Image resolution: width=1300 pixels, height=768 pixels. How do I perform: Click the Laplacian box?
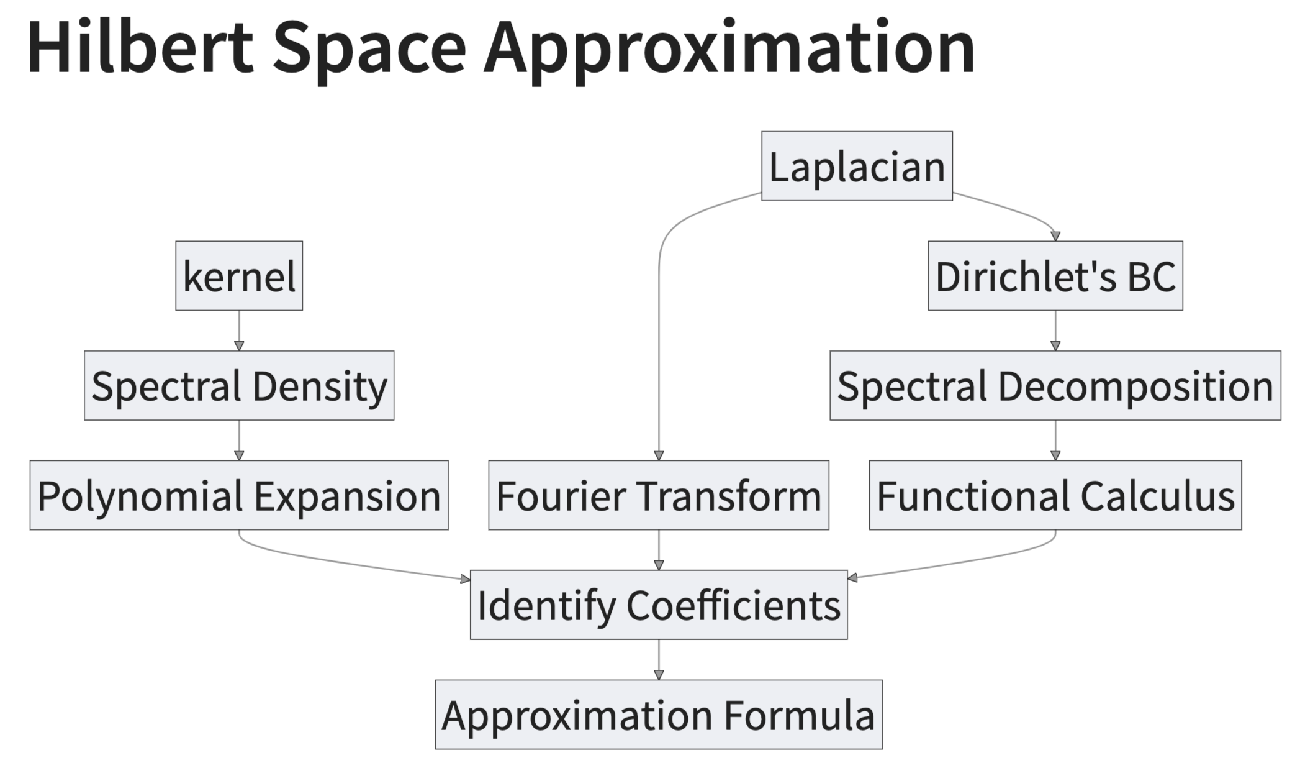coord(857,166)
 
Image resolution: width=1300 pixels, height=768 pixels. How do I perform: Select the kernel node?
coord(239,276)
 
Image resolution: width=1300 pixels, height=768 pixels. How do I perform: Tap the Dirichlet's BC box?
coord(1055,276)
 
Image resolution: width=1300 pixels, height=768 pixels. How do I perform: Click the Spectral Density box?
coord(239,385)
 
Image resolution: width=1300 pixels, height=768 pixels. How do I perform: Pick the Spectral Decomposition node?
coord(1055,385)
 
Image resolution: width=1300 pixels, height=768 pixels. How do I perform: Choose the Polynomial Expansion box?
coord(239,495)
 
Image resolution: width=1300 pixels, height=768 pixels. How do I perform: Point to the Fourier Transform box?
coord(659,495)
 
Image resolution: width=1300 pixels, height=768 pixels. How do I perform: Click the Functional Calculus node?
coord(1055,495)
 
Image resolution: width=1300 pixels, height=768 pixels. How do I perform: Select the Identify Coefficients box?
coord(659,605)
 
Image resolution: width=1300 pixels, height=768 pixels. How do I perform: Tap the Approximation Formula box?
coord(659,715)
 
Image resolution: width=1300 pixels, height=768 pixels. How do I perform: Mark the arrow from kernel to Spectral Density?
coord(239,331)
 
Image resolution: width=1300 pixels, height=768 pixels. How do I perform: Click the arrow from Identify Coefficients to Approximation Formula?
coord(659,660)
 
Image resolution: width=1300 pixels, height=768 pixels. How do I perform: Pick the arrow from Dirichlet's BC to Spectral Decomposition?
coord(1055,331)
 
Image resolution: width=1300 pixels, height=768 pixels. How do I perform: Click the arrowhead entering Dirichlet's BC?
coord(1055,236)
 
